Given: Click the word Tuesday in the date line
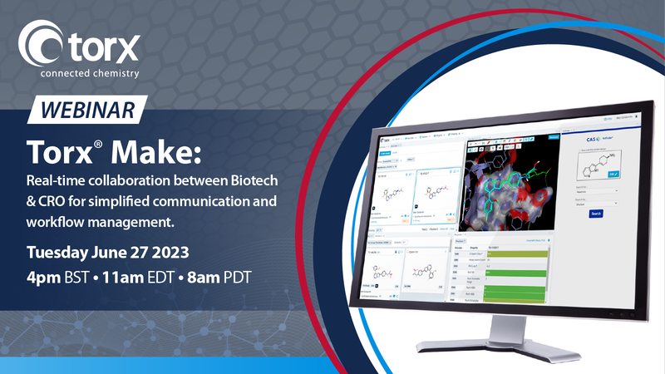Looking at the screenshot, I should pyautogui.click(x=60, y=253).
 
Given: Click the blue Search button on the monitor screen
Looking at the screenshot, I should pyautogui.click(x=596, y=213).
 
